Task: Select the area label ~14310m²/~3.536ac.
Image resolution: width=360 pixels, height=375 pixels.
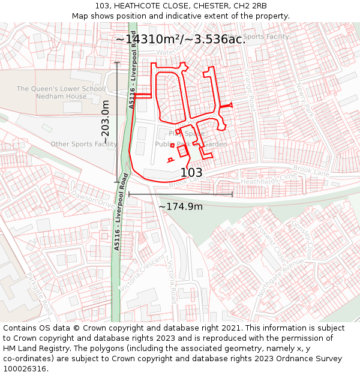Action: coord(180,40)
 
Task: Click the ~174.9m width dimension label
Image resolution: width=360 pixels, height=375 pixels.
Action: coord(181,207)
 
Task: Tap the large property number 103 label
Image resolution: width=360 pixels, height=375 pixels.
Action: coord(191,173)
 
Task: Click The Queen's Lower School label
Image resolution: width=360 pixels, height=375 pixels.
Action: coord(61,89)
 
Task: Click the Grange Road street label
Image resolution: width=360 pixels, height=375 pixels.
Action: coord(251,90)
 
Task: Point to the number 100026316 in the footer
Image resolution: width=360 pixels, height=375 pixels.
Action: coord(26,368)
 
